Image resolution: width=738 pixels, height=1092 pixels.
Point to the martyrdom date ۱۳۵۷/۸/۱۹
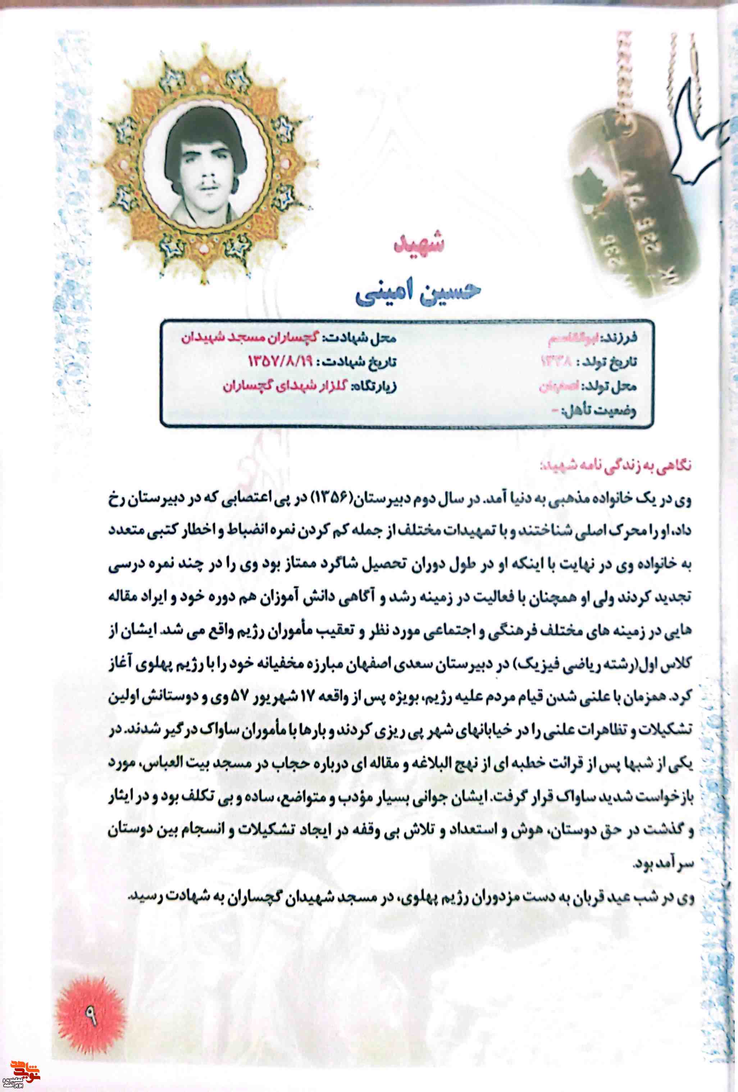tap(280, 361)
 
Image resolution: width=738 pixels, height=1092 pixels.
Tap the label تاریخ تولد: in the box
tap(609, 362)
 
